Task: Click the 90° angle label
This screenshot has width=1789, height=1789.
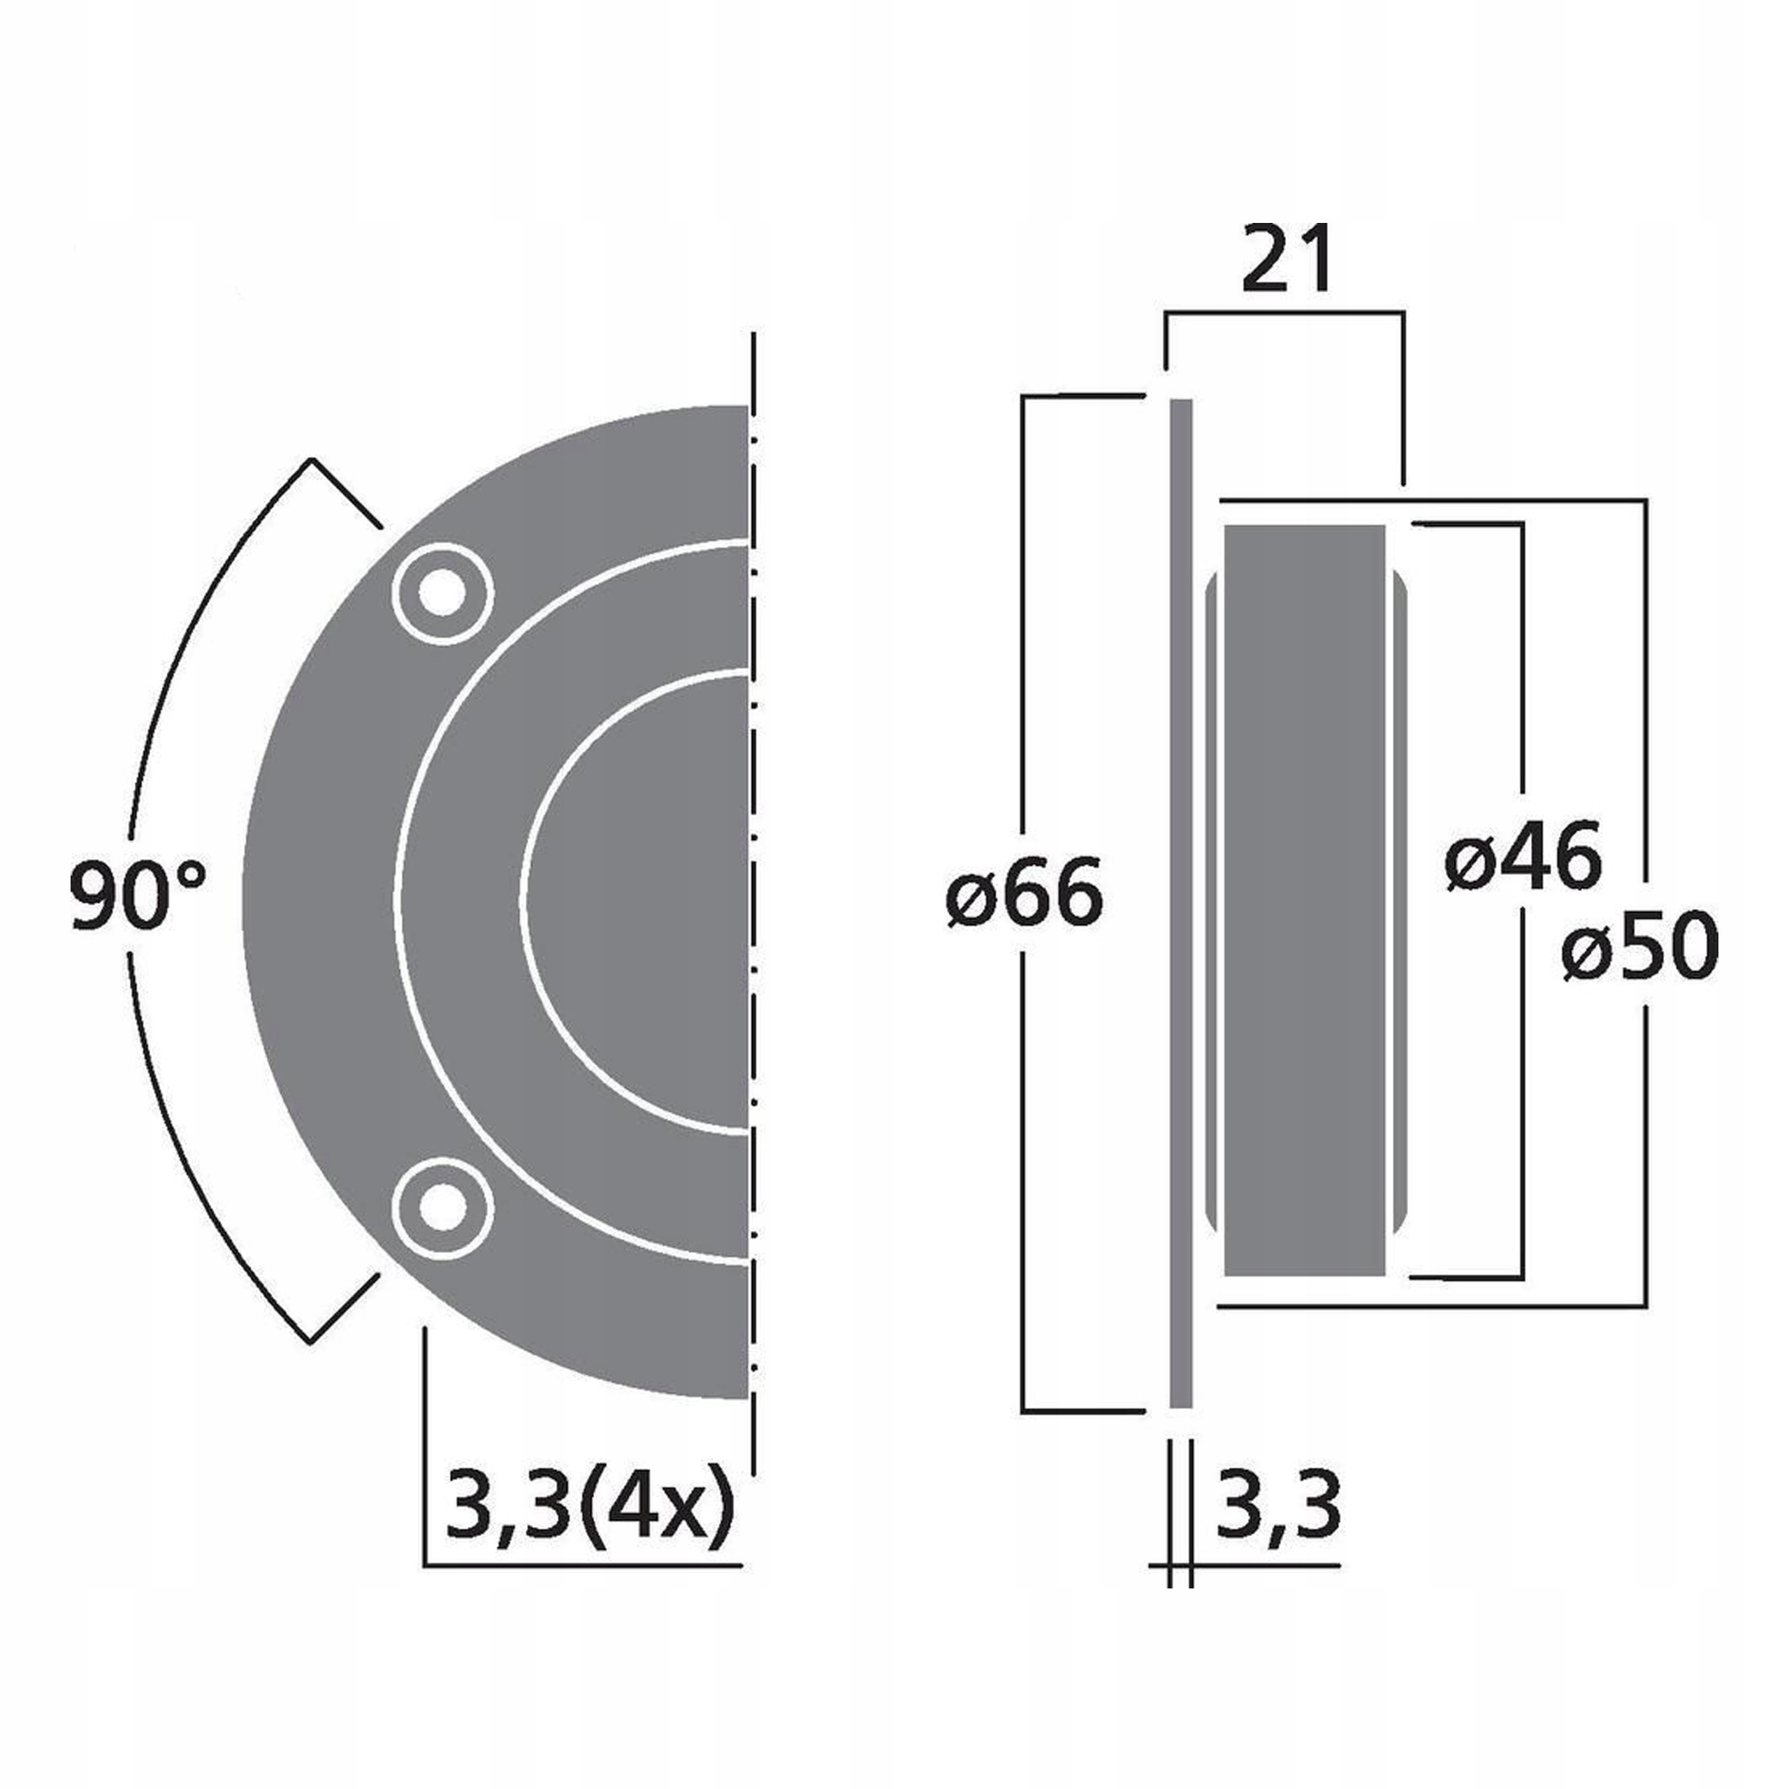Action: (x=137, y=894)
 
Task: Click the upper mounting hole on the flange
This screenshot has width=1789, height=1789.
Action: (x=442, y=593)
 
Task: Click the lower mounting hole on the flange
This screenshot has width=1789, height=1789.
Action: (x=442, y=1207)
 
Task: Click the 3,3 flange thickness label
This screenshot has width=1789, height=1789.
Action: (x=1278, y=1506)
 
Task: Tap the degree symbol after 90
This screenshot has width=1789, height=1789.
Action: (x=190, y=874)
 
